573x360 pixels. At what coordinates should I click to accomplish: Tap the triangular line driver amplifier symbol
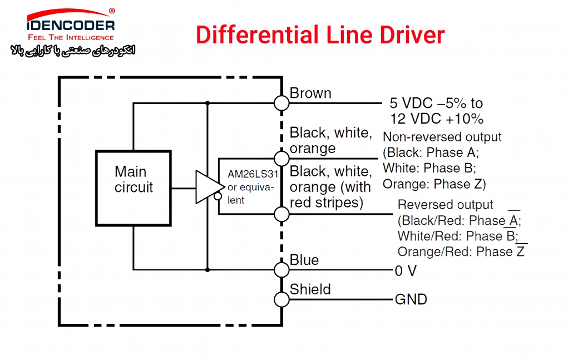[x=209, y=187]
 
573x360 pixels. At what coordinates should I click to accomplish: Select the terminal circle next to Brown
[x=281, y=103]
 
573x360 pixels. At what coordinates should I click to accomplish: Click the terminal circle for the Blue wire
[x=281, y=270]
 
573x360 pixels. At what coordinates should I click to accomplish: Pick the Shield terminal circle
[x=281, y=300]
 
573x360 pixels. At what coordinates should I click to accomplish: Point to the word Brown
[x=310, y=93]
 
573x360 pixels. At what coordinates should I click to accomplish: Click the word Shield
[x=310, y=289]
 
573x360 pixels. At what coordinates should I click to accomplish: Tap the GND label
[x=411, y=299]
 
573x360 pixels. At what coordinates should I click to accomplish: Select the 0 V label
[x=406, y=271]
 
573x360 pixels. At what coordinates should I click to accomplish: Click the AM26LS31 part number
[x=253, y=174]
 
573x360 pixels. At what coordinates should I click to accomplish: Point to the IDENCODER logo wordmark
[x=71, y=25]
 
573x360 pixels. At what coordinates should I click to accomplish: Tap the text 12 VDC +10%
[x=437, y=119]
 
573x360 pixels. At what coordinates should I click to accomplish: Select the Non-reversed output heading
[x=442, y=137]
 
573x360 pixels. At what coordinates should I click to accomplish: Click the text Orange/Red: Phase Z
[x=461, y=252]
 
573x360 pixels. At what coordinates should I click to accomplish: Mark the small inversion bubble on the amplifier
[x=218, y=196]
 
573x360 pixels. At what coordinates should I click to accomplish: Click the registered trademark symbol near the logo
[x=112, y=11]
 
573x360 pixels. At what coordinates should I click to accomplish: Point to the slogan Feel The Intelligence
[x=71, y=37]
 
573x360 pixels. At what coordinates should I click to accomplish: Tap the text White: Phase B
[x=429, y=168]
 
